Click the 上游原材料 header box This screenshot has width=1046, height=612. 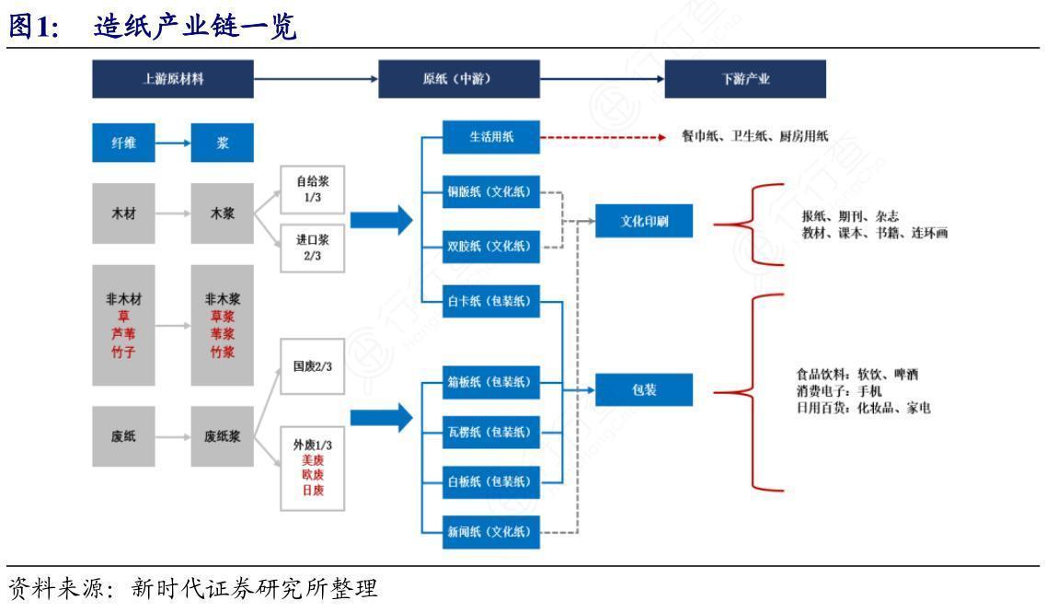173,79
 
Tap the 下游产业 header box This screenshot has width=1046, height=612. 745,79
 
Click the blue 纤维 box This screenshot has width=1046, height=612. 123,143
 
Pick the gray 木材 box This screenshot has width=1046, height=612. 123,214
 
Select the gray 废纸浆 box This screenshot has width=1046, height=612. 222,435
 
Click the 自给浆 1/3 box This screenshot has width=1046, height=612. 313,191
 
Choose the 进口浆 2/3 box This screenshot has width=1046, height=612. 313,247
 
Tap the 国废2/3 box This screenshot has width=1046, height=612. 313,366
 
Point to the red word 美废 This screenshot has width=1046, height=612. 313,459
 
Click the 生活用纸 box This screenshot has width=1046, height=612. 491,137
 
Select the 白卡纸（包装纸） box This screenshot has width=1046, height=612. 491,301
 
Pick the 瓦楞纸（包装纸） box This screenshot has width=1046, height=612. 491,432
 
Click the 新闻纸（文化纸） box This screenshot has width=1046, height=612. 491,531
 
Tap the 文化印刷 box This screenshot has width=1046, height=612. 644,221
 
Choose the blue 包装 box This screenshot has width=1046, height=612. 644,390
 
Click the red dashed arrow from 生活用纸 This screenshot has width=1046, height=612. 603,137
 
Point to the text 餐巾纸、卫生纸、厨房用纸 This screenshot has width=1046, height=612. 754,136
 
